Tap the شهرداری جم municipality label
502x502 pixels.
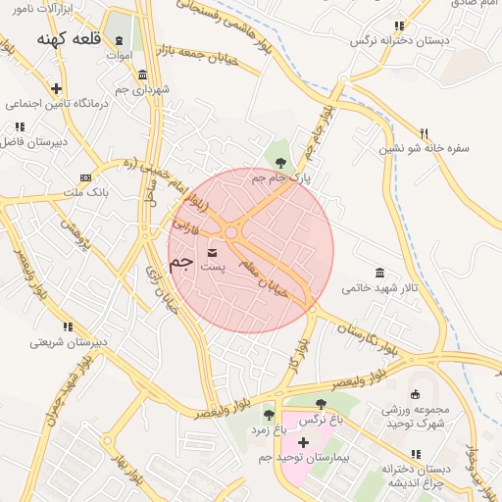tap(143, 89)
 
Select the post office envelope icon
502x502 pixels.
tap(214, 253)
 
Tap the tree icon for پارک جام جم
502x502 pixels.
tap(281, 163)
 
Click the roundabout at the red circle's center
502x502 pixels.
tap(232, 232)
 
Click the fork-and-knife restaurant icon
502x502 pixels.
tap(424, 133)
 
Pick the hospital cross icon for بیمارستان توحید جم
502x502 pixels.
tap(303, 442)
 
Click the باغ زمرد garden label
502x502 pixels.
tap(265, 429)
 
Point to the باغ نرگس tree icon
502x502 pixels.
tap(321, 404)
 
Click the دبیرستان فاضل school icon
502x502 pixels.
tap(20, 126)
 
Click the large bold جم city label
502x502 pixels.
tap(180, 264)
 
